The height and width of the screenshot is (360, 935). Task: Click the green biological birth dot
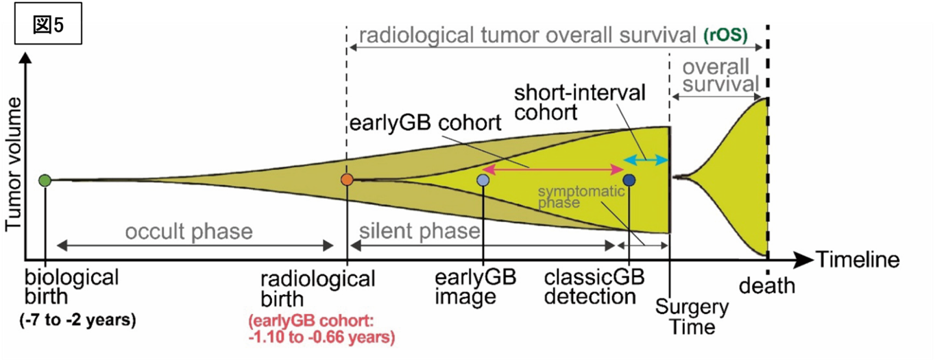coord(45,180)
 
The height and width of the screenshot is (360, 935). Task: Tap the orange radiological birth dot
coord(347,180)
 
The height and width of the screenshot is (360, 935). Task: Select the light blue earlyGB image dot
coord(483,180)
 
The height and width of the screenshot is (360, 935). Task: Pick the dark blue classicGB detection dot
coord(629,180)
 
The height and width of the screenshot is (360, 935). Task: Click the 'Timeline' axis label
coord(856,260)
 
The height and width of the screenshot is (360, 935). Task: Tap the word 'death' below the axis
coord(767,285)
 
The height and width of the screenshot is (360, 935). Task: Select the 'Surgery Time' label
coord(692,316)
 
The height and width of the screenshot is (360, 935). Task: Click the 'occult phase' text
coord(189,231)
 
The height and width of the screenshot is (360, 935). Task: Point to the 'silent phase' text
coord(420,231)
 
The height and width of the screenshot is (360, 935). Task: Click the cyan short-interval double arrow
coord(645,160)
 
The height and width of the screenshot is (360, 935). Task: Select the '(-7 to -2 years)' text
coord(80,320)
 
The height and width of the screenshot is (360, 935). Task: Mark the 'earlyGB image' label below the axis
coord(475,287)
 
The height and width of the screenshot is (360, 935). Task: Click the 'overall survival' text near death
coord(716,76)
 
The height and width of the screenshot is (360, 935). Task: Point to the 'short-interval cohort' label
coord(579,102)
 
